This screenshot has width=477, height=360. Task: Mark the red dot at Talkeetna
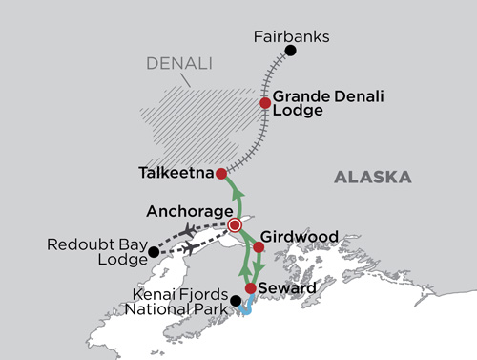(220, 174)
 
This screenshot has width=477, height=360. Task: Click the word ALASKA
(373, 178)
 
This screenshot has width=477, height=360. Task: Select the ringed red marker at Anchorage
(235, 225)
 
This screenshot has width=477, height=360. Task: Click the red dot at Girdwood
(258, 247)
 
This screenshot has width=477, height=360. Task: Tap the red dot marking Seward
(250, 287)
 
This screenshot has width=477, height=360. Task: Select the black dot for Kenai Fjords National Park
(237, 301)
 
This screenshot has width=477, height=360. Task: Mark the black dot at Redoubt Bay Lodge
(155, 252)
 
